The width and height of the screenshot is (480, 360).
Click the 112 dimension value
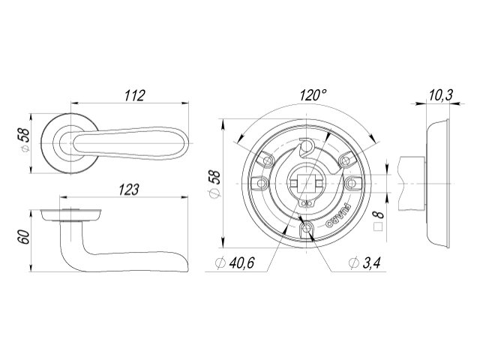point(134,95)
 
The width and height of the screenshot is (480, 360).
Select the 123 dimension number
point(129,190)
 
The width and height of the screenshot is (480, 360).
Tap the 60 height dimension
point(24,237)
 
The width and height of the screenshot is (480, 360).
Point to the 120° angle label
point(313,95)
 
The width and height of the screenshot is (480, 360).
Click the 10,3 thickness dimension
point(440,95)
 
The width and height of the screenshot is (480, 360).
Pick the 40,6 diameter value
point(241,262)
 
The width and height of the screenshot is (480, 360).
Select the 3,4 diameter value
point(372,262)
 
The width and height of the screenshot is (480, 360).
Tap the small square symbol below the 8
point(379,227)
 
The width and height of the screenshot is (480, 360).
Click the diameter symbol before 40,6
point(220,263)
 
